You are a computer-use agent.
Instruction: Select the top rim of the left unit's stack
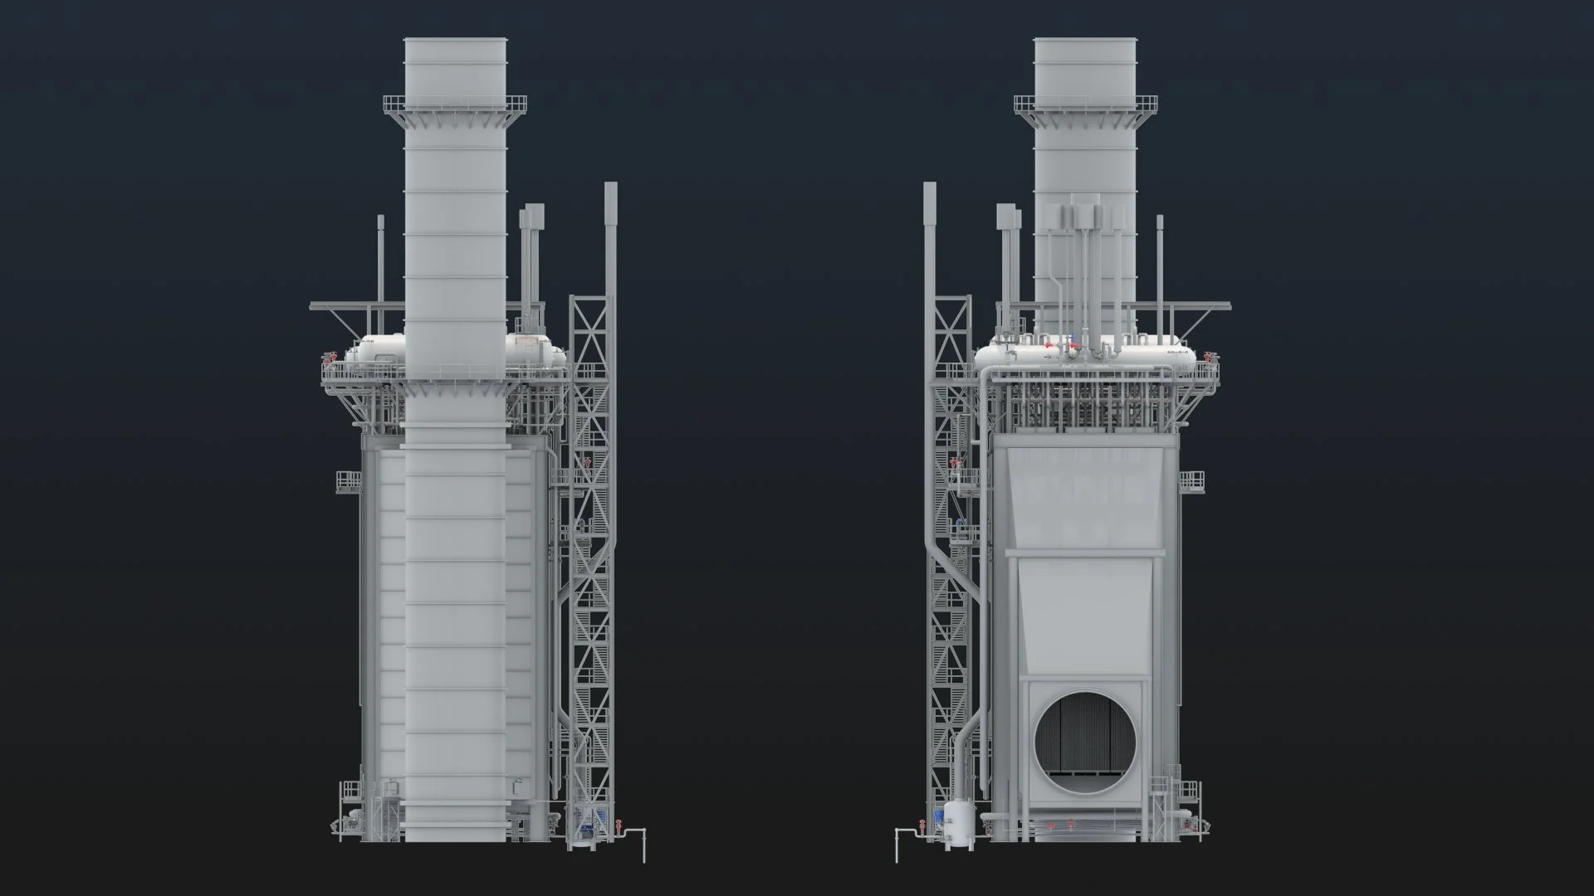pyautogui.click(x=455, y=41)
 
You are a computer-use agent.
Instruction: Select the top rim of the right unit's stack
pyautogui.click(x=1085, y=41)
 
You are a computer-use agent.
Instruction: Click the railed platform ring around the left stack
pyautogui.click(x=455, y=105)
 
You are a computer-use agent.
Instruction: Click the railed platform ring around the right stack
pyautogui.click(x=1085, y=105)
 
